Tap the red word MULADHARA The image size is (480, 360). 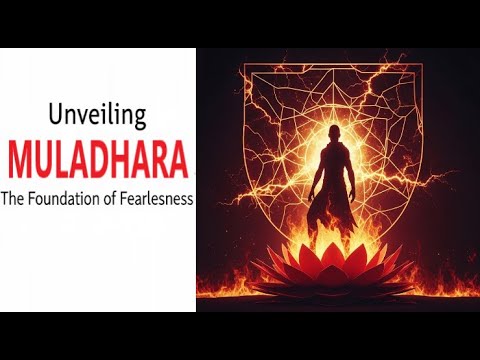pos(97,157)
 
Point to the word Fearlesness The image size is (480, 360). pos(158,198)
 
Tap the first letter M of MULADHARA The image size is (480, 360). pos(20,157)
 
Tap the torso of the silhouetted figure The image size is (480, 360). pos(334,175)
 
